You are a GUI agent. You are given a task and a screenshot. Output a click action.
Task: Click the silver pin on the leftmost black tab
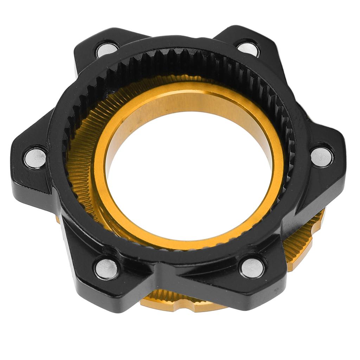tap(35, 158)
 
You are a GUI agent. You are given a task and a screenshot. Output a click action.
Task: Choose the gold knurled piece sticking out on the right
tap(302, 243)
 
